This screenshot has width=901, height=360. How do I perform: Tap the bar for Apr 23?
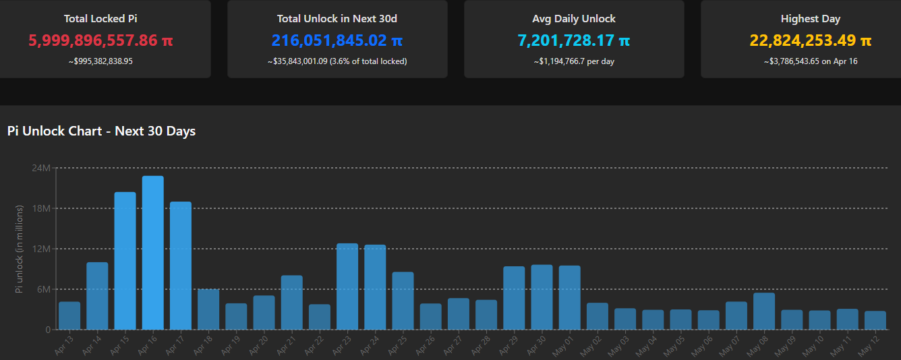[x=347, y=287]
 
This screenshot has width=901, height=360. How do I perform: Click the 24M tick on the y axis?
[x=41, y=167]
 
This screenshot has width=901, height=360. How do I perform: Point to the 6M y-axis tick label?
[x=43, y=289]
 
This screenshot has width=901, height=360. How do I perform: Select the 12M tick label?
[x=41, y=249]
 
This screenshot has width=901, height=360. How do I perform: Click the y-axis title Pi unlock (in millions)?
[x=20, y=249]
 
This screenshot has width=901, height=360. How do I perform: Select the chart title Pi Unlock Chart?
[x=101, y=131]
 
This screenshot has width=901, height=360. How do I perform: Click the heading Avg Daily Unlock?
[x=574, y=19]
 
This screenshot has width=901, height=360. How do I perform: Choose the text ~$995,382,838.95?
[x=100, y=61]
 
